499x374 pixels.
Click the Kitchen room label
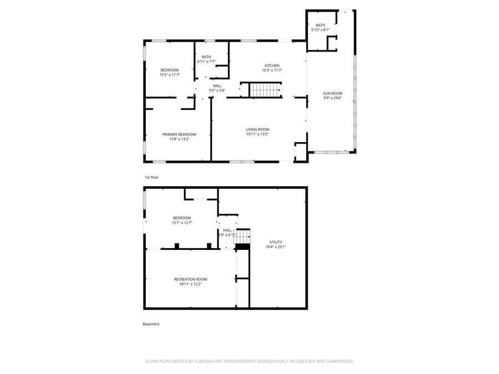[272, 66]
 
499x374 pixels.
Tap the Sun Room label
[333, 94]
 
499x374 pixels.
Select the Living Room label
[257, 130]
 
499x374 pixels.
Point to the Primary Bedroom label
[179, 134]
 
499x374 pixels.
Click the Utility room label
[276, 242]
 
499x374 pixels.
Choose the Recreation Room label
[190, 279]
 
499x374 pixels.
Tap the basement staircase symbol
[243, 237]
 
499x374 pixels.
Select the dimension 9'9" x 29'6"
[333, 98]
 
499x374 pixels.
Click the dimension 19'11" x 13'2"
[257, 134]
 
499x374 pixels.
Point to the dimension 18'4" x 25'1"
[276, 247]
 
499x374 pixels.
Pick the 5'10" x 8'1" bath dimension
[320, 30]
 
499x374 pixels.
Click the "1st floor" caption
[151, 177]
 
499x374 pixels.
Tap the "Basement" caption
[151, 324]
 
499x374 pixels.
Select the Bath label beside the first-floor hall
[206, 57]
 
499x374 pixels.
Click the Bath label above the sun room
[320, 25]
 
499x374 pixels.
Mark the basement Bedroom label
[182, 218]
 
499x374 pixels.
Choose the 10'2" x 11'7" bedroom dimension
[170, 74]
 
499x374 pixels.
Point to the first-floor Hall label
[217, 86]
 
